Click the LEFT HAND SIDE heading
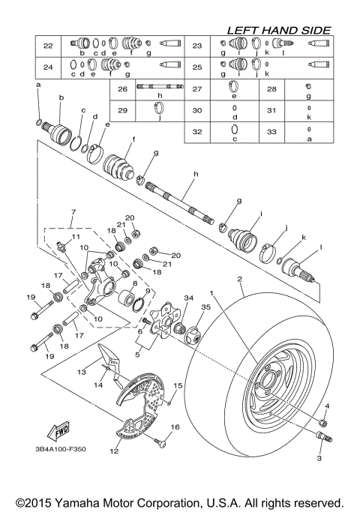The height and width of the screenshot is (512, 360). pos(279,30)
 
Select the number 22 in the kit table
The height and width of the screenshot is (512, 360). pos(48,46)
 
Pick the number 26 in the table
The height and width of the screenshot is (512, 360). pos(122,89)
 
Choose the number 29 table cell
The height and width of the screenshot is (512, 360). pos(122,110)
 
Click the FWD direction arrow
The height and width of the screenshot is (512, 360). pos(58,432)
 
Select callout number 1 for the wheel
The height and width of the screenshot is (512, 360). pos(212,293)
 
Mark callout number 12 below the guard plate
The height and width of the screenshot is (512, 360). pos(115,451)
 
